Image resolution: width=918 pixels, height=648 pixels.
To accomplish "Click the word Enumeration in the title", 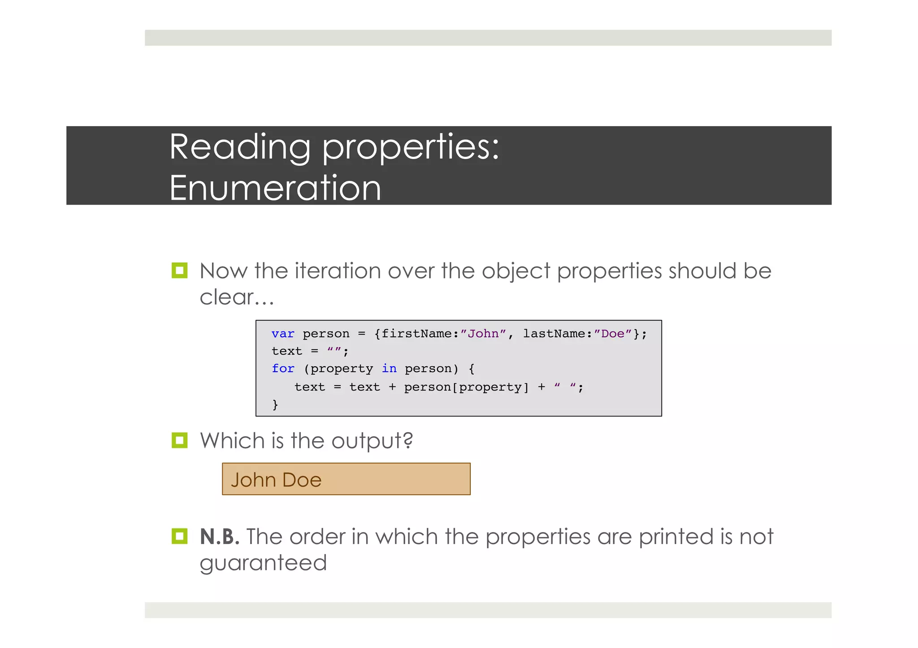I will pyautogui.click(x=275, y=188).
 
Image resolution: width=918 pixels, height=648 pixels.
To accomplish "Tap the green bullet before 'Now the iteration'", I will pyautogui.click(x=179, y=270).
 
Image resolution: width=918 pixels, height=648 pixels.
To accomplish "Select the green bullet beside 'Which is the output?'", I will pyautogui.click(x=179, y=440).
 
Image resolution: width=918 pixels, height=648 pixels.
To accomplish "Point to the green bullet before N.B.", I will pyautogui.click(x=179, y=536).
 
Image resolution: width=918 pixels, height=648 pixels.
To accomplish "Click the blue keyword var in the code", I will pyautogui.click(x=283, y=334).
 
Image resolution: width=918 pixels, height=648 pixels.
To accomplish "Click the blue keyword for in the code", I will pyautogui.click(x=283, y=369).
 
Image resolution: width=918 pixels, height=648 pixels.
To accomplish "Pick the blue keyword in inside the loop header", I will pyautogui.click(x=389, y=369).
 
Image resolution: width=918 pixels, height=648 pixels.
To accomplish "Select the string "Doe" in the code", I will pyautogui.click(x=612, y=334).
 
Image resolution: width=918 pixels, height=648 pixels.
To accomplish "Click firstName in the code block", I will pyautogui.click(x=416, y=334).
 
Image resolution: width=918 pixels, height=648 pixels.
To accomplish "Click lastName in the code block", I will pyautogui.click(x=554, y=334).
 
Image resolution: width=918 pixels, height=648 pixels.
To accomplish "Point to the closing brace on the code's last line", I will pyautogui.click(x=275, y=404).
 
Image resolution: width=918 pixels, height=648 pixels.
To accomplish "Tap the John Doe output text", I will pyautogui.click(x=276, y=480).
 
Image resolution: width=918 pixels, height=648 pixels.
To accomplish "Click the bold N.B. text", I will pyautogui.click(x=219, y=536).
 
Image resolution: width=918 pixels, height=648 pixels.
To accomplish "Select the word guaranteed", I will pyautogui.click(x=263, y=563).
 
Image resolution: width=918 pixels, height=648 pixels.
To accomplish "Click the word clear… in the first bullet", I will pyautogui.click(x=236, y=297).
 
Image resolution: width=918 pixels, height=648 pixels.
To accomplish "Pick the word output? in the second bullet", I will pyautogui.click(x=372, y=441).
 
